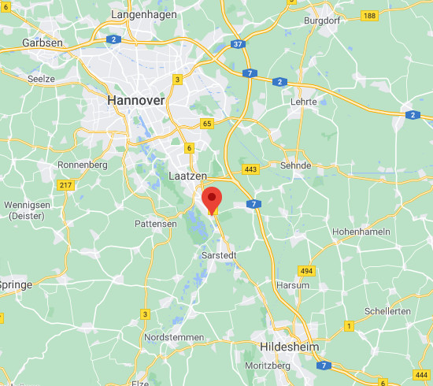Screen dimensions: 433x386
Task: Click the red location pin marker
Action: pos(212,199)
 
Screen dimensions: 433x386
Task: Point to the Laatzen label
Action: pos(187,175)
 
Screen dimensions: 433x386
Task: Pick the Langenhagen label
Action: pos(146,15)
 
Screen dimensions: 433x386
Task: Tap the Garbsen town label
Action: pos(43,43)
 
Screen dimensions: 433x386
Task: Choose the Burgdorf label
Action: pos(321,20)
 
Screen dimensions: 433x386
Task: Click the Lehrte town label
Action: pos(303,102)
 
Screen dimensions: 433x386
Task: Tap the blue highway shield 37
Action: pos(237,45)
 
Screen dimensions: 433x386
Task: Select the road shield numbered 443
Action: pos(251,169)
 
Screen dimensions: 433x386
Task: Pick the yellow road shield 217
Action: pos(65,185)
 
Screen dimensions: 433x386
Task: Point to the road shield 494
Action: pos(307,270)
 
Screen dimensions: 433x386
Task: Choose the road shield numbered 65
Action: pos(207,124)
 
